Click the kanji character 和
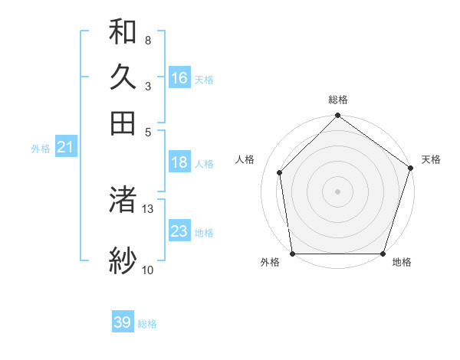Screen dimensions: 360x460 123,32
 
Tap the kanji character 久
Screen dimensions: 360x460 123,77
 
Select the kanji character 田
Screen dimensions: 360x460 123,123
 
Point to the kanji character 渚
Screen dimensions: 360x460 123,201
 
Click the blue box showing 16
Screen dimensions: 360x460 179,78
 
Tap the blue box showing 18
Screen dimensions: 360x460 179,162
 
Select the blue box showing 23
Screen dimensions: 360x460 179,231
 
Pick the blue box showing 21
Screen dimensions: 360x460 65,147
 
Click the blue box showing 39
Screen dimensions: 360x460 123,322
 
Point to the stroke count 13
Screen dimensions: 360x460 148,208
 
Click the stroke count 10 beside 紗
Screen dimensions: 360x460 147,270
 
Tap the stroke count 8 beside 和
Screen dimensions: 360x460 147,40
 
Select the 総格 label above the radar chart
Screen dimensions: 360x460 337,100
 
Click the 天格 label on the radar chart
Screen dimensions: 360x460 431,159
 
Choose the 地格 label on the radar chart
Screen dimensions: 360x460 402,263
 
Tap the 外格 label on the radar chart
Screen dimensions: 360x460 270,263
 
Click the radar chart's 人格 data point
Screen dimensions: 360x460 280,172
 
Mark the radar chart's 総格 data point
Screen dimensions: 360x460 337,116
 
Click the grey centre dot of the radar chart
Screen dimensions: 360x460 337,191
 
